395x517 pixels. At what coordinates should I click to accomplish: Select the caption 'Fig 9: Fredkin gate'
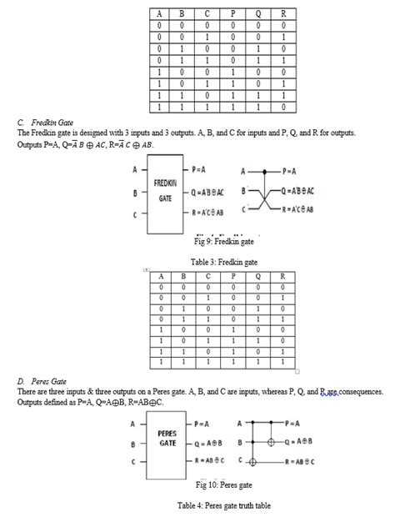[222, 243]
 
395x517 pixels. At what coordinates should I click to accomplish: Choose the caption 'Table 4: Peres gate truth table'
[222, 505]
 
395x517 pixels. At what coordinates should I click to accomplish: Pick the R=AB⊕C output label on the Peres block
[208, 459]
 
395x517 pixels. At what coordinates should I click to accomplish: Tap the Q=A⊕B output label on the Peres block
[208, 443]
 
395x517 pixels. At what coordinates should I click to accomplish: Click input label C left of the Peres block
[134, 460]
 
